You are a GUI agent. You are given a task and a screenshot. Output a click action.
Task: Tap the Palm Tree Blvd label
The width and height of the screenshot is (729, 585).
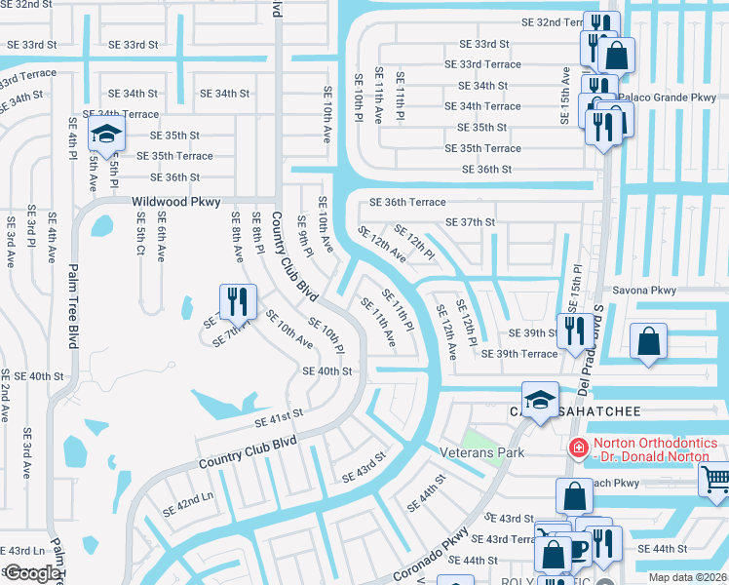pos(72,305)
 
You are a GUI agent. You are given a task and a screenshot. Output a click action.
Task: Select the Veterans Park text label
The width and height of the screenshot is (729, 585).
pos(482,452)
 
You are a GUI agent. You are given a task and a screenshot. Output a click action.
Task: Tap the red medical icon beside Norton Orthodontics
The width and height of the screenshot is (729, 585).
pos(578,448)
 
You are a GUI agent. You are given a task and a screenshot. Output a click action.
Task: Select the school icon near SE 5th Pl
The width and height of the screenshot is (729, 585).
pos(106,135)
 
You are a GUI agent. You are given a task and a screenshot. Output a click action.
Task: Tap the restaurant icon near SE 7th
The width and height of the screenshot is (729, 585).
pos(237,303)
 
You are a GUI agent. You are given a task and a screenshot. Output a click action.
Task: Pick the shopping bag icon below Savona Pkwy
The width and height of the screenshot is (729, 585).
pos(648,342)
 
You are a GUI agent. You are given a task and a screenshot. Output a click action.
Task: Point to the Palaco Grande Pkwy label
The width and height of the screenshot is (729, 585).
pos(674,97)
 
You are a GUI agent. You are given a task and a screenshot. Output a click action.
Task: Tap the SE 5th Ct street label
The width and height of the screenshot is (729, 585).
pos(140,243)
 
